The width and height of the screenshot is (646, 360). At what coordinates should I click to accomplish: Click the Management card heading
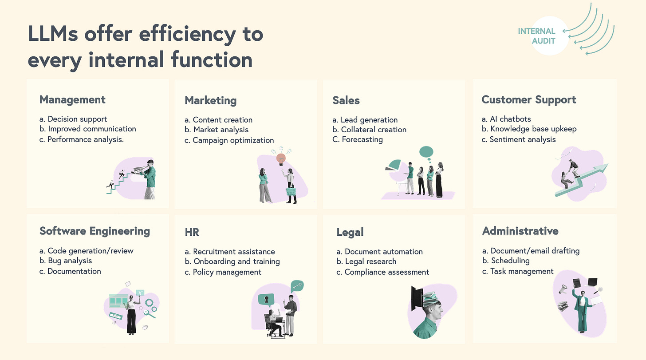72,99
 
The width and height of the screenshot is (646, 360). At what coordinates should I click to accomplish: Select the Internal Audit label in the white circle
536,36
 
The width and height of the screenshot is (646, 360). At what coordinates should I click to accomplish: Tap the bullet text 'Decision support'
77,119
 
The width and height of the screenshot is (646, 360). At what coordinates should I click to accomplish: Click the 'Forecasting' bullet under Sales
362,139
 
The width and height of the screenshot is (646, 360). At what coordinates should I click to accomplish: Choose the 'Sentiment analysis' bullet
522,139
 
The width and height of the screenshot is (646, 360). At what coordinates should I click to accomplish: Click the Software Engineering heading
95,231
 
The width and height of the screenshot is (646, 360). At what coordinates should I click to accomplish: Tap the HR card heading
192,232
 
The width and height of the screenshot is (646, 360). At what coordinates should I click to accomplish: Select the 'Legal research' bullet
370,261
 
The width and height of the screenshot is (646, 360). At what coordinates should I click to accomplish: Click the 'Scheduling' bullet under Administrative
510,261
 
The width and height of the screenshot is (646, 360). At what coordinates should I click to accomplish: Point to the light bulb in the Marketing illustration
280,158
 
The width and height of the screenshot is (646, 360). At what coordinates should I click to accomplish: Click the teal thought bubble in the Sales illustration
426,152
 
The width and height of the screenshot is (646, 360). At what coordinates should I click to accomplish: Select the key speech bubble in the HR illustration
297,286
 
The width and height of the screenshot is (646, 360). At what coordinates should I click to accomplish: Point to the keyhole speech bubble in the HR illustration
266,300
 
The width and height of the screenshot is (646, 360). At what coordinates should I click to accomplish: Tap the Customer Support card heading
528,99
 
